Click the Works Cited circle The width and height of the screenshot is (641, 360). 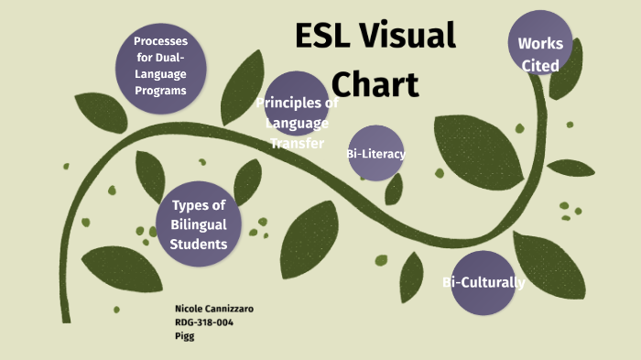click(540, 43)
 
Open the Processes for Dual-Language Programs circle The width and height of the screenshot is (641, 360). click(160, 66)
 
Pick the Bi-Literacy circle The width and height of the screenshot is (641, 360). click(375, 154)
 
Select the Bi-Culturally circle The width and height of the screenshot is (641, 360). click(483, 282)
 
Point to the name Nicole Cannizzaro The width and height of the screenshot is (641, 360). click(213, 310)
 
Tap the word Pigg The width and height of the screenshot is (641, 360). click(184, 336)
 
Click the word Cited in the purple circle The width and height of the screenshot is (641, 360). click(540, 66)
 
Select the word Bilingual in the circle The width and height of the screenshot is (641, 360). click(199, 224)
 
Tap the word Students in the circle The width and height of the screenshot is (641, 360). click(199, 244)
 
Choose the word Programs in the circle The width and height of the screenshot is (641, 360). click(160, 91)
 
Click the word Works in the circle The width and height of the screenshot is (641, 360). click(540, 43)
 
